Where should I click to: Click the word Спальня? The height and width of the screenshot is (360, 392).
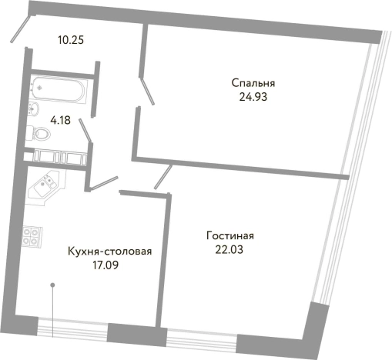(253, 83)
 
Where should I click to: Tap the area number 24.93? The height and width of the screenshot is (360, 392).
(253, 97)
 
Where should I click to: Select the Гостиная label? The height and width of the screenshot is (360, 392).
(230, 235)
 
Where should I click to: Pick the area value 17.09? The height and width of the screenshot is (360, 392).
(105, 265)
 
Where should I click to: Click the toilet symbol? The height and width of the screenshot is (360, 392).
(40, 135)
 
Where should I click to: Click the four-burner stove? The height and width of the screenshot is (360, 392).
(32, 237)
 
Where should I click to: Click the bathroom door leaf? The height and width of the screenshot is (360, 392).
(86, 132)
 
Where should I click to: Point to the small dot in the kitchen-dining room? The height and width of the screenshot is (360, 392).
(52, 286)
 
